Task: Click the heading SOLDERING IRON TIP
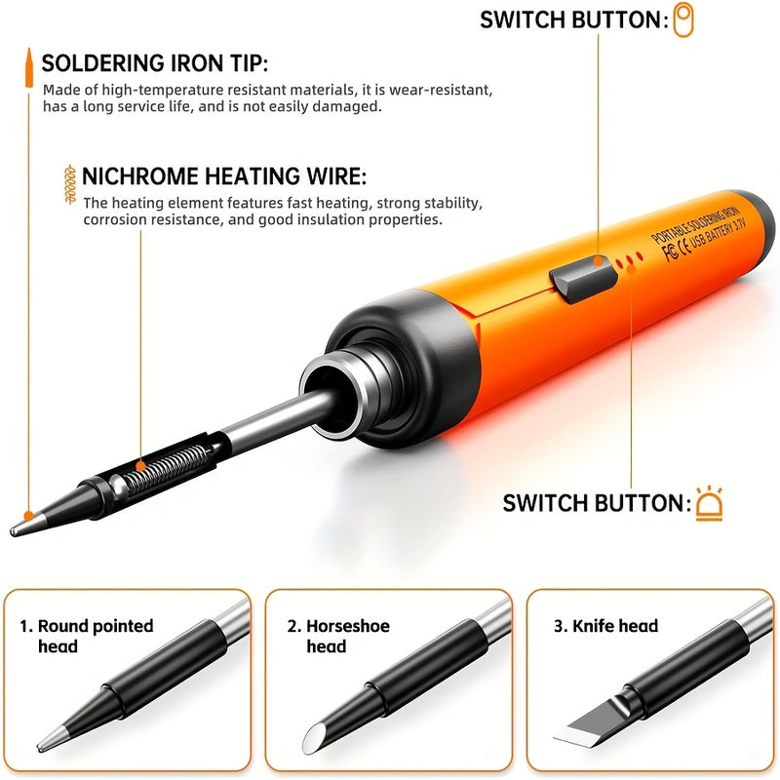[x=154, y=64]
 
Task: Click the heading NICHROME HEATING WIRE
[x=224, y=176]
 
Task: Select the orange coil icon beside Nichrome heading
[x=67, y=182]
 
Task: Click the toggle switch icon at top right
[x=683, y=19]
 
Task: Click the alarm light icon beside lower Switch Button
[x=709, y=503]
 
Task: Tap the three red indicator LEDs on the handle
[x=629, y=260]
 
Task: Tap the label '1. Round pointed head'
[x=87, y=636]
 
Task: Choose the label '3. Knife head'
[x=605, y=626]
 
